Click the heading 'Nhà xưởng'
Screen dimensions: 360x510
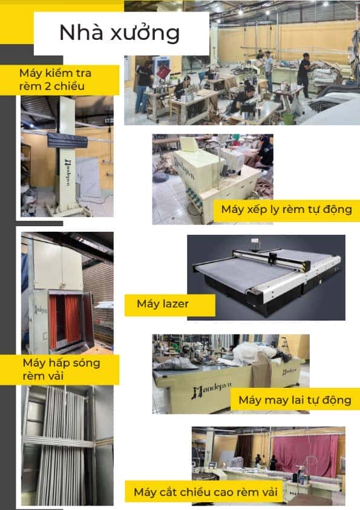tap(119, 33)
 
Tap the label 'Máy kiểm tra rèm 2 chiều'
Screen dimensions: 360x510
tap(55, 80)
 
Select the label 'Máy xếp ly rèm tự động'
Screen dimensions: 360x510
tap(287, 209)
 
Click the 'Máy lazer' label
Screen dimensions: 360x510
tap(163, 304)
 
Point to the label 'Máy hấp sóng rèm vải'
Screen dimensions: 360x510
tap(62, 370)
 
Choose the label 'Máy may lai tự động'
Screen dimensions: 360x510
tap(295, 400)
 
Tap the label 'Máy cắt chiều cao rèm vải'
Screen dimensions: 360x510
tap(206, 492)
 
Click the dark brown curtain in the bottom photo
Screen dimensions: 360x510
tap(243, 450)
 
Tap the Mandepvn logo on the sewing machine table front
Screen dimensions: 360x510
tap(212, 390)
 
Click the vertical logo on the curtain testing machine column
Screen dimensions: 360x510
tap(68, 172)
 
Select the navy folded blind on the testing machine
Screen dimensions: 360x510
tap(68, 140)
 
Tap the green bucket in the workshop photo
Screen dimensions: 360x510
tap(288, 119)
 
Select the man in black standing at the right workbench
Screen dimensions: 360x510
tap(304, 76)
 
